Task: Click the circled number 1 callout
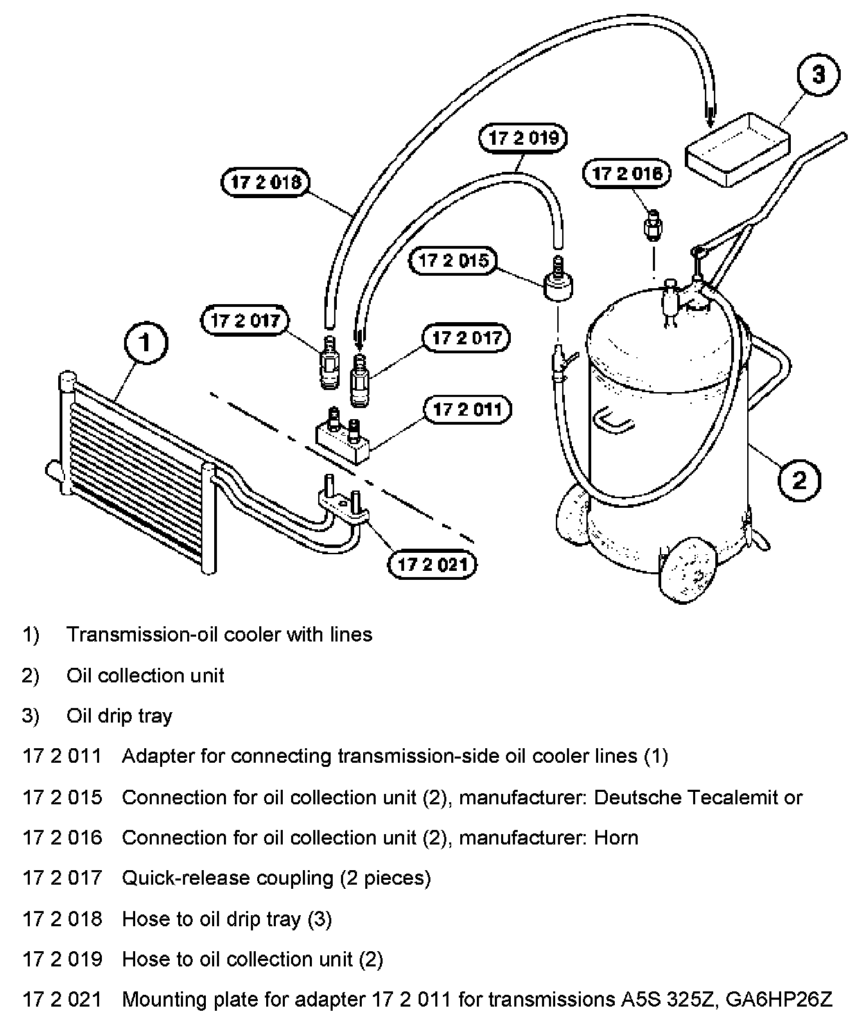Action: [x=145, y=343]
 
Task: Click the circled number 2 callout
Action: [x=799, y=479]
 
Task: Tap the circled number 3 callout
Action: [x=818, y=74]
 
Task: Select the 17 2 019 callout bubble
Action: [x=523, y=137]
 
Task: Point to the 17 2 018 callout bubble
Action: [x=265, y=182]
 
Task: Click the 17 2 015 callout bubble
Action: [x=453, y=261]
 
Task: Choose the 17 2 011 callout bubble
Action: [x=467, y=409]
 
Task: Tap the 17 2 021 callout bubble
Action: [x=432, y=565]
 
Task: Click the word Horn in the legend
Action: [x=616, y=838]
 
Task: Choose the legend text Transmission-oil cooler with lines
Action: [x=219, y=635]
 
